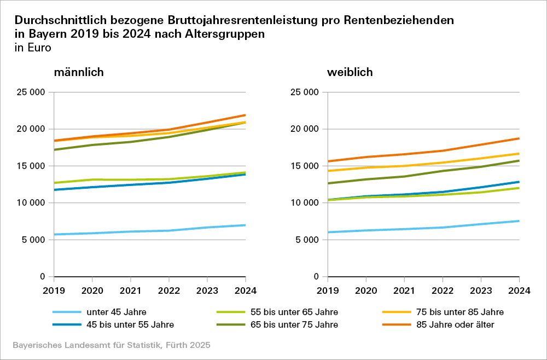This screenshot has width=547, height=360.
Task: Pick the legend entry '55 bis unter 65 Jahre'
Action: click(294, 312)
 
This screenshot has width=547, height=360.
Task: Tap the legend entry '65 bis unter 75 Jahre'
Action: click(294, 324)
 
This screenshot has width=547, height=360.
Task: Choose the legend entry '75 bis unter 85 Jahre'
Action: click(458, 312)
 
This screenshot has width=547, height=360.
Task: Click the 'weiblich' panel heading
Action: click(350, 72)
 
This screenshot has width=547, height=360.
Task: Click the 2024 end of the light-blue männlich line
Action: click(245, 225)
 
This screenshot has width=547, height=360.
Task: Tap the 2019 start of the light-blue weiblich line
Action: click(328, 232)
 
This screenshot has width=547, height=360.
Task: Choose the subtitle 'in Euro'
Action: click(33, 48)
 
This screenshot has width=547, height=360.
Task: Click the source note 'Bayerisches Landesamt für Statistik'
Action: click(87, 346)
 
